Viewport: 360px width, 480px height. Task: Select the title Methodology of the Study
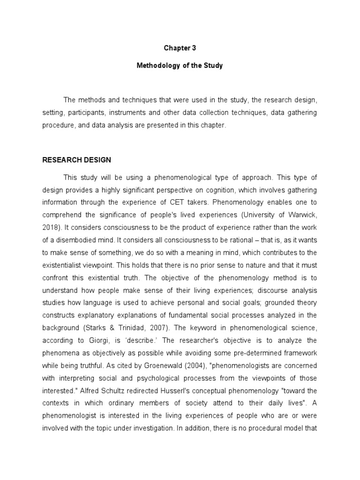pyautogui.click(x=180, y=66)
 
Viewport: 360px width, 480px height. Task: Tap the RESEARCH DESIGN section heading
pyautogui.click(x=76, y=160)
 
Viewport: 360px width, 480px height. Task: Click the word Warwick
pyautogui.click(x=303, y=214)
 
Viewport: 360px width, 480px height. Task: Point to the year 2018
pyautogui.click(x=51, y=226)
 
